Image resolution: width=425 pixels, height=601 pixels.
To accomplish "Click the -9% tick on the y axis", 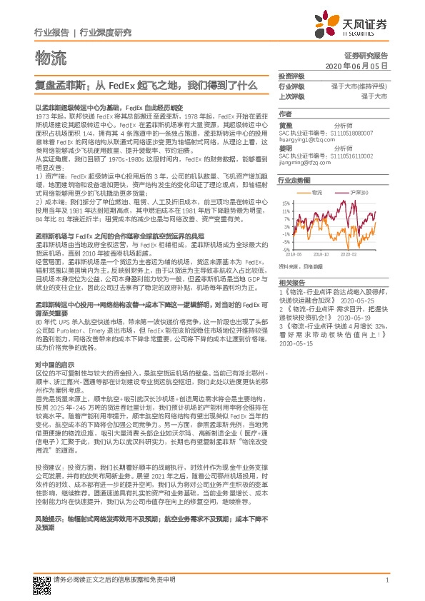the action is (286, 250).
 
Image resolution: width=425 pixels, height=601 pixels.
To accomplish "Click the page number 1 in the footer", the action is (386, 580).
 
